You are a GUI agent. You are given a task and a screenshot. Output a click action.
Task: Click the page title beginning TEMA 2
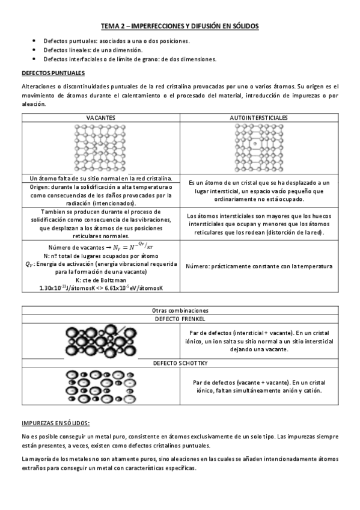179,26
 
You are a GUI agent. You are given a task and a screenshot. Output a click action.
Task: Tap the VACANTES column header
100,117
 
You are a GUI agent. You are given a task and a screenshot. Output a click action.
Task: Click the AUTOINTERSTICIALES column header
258,117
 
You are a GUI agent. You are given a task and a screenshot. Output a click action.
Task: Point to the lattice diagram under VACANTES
100,148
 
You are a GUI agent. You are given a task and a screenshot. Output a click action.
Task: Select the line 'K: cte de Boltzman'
100,280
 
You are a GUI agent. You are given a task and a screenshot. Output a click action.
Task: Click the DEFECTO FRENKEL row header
179,318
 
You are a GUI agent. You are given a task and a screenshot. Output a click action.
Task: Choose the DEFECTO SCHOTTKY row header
179,364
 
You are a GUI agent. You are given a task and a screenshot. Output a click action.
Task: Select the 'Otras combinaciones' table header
179,310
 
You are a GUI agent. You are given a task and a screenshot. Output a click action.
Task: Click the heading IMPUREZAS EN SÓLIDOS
55,423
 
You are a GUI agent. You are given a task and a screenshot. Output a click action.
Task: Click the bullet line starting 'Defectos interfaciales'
129,59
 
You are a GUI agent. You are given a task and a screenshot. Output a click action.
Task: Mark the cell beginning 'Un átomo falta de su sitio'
100,179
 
